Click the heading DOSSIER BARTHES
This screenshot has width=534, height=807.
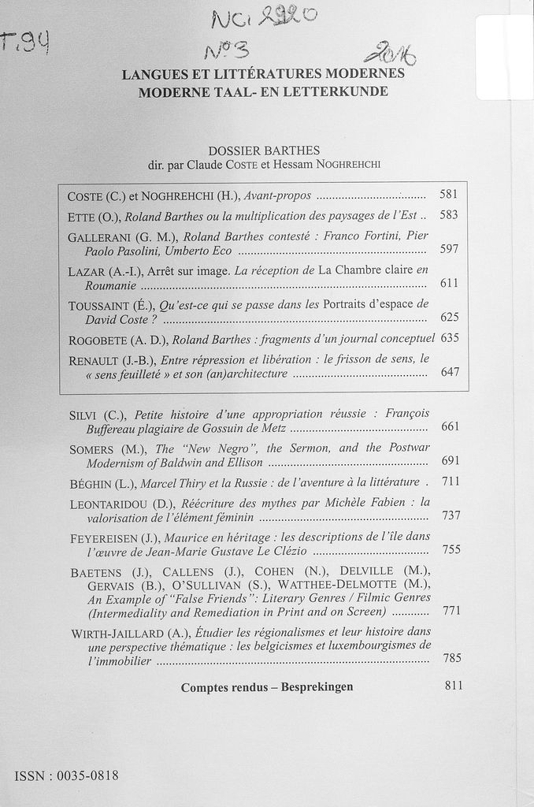point(264,151)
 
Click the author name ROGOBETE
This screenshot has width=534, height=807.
point(97,340)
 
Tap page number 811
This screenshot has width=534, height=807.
point(454,686)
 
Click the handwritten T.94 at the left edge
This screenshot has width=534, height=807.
point(25,35)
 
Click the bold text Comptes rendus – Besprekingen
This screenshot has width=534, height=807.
point(267,687)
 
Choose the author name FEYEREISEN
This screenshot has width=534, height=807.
point(109,537)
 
